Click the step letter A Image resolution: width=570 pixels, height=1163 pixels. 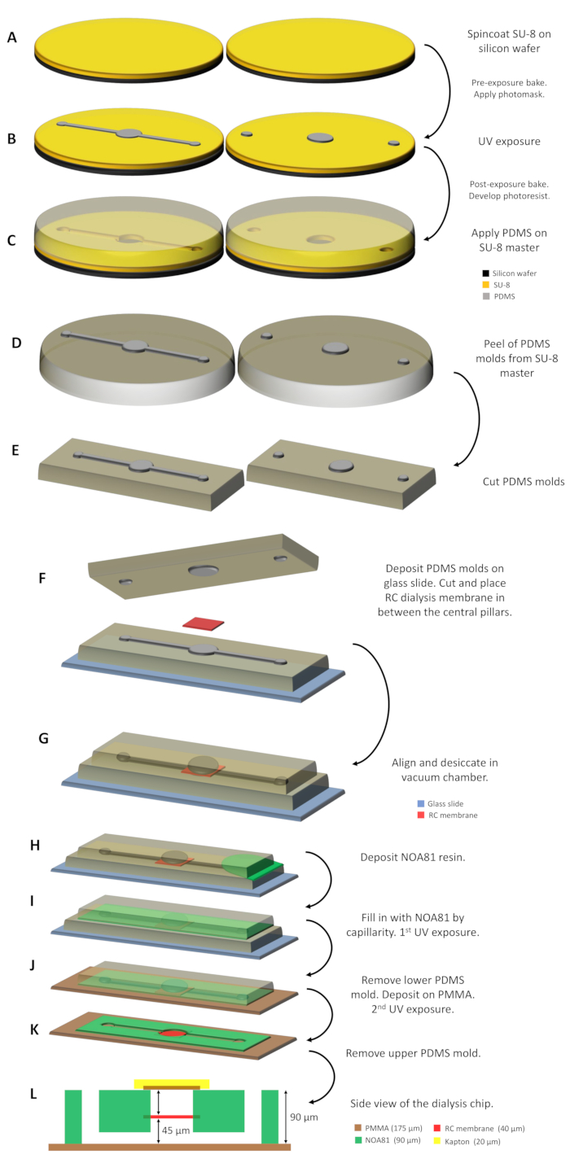click(x=11, y=37)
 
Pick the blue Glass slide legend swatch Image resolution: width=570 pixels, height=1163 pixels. click(x=419, y=803)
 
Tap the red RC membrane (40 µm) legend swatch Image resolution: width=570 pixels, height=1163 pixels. click(x=419, y=815)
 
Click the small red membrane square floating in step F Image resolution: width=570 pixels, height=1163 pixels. click(x=204, y=623)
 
